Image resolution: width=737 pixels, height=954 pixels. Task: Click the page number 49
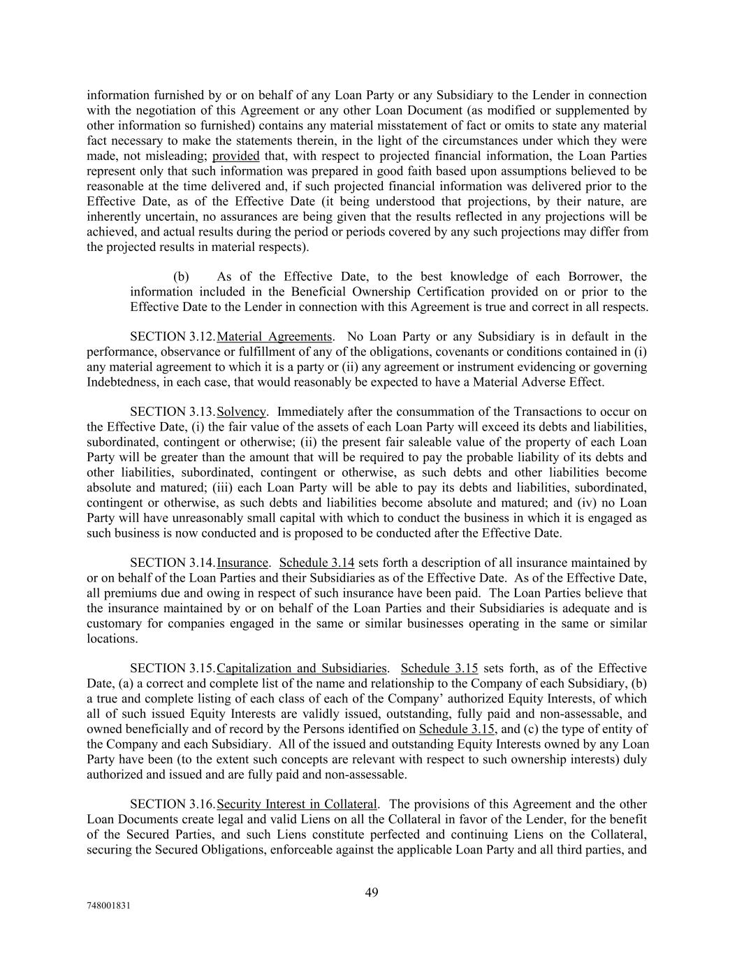[372, 892]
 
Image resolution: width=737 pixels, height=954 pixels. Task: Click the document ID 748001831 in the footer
[108, 905]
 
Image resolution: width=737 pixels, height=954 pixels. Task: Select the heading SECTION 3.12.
[173, 337]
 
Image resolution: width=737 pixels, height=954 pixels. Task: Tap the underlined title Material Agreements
[275, 337]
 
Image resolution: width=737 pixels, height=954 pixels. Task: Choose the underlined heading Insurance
[242, 563]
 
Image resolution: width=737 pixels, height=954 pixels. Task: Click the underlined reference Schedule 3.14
[316, 563]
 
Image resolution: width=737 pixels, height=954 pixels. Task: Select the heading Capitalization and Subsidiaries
[302, 668]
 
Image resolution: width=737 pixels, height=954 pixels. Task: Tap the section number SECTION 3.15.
[173, 668]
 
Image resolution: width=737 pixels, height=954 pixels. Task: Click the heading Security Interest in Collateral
[297, 804]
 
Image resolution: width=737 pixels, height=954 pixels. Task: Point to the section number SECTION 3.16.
[173, 804]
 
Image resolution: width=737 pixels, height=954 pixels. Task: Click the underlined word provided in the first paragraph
[235, 156]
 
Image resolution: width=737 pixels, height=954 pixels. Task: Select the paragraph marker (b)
[181, 277]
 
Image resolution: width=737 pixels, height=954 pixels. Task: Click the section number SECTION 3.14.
[173, 563]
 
